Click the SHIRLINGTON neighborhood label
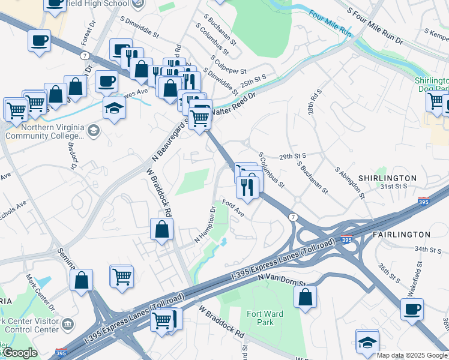click(x=387, y=178)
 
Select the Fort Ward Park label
click(x=265, y=318)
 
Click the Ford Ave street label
click(x=233, y=209)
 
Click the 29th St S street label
click(x=293, y=156)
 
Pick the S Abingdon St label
click(x=349, y=182)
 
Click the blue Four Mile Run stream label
click(x=328, y=23)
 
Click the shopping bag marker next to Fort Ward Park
click(x=306, y=296)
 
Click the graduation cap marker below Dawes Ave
click(x=113, y=109)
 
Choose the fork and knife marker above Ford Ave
click(x=247, y=187)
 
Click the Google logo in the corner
click(x=20, y=353)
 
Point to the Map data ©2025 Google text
click(x=412, y=355)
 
